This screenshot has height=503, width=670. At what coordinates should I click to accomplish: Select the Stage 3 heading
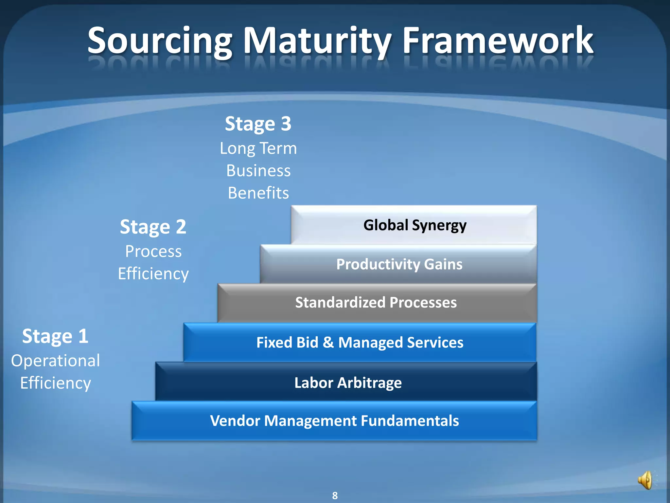[258, 124]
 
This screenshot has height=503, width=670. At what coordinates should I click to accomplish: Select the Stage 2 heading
[153, 227]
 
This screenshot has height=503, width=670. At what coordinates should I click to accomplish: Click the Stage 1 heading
[55, 336]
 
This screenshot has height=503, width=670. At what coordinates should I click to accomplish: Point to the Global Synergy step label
[415, 225]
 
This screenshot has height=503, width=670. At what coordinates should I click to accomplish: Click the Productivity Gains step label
[399, 264]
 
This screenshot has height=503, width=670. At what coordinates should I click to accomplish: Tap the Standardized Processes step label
[376, 303]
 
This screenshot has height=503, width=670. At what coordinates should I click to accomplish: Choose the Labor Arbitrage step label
[348, 383]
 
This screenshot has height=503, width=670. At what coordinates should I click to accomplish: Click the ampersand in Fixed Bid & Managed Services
[328, 343]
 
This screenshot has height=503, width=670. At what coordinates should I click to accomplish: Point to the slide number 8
[335, 495]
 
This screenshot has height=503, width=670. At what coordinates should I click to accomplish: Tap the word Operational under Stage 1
[55, 361]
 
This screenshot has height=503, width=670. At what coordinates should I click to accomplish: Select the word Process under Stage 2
[153, 251]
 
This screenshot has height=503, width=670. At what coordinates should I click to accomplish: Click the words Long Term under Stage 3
[258, 148]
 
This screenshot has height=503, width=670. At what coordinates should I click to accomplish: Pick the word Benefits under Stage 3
[258, 193]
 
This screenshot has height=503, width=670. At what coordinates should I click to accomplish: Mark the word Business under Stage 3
[258, 171]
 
